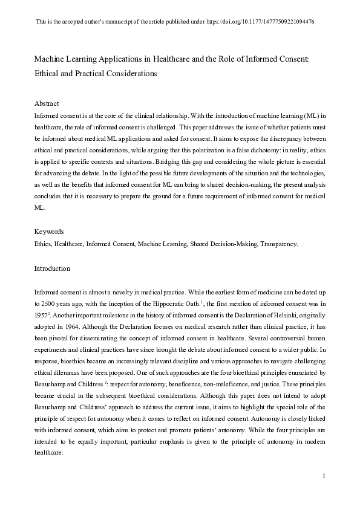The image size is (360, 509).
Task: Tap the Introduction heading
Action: click(52, 268)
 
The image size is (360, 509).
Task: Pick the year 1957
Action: click(42, 314)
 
